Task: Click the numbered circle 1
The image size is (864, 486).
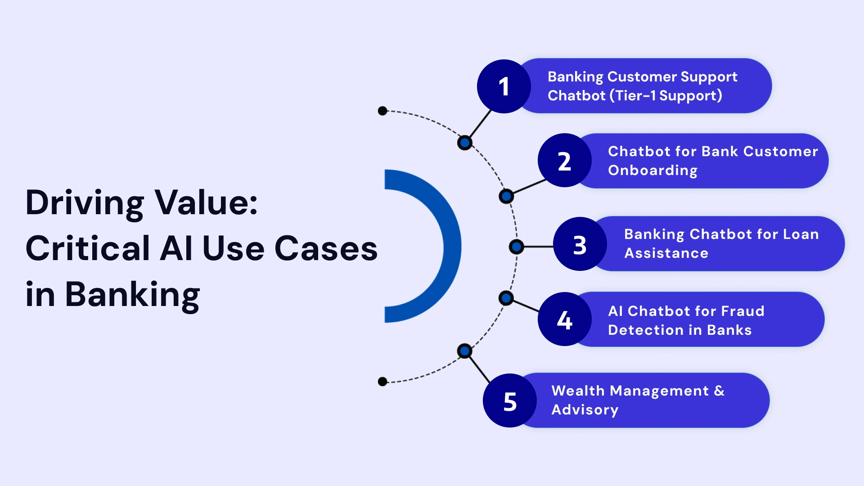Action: click(x=504, y=86)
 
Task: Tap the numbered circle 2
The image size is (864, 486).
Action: click(x=564, y=161)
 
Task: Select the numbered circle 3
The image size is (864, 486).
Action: click(x=580, y=244)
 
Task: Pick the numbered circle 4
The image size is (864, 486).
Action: click(x=564, y=319)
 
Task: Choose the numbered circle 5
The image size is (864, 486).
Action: click(x=509, y=401)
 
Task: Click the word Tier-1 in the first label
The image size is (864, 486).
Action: click(x=635, y=96)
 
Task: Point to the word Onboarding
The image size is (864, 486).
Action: click(x=652, y=171)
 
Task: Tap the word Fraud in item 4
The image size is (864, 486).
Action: click(x=742, y=311)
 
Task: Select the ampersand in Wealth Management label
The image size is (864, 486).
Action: click(x=719, y=391)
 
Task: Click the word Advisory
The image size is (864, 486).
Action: click(x=585, y=410)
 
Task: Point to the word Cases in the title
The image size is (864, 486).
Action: click(x=326, y=248)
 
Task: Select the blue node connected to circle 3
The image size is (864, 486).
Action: click(x=516, y=247)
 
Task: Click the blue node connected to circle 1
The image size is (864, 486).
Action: click(x=464, y=143)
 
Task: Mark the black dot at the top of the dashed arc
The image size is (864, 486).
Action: click(x=382, y=111)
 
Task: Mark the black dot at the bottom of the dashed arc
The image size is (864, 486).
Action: click(x=382, y=382)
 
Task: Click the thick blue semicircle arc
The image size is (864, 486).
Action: click(x=451, y=246)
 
